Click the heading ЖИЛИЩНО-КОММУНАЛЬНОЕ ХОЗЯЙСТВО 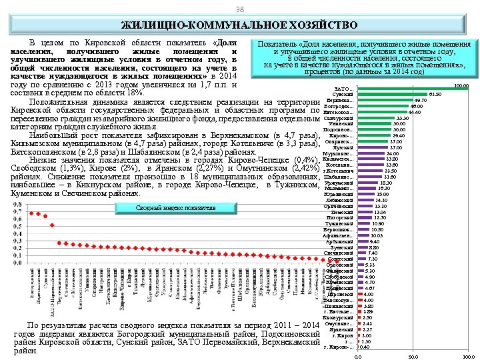pyautogui.click(x=239, y=25)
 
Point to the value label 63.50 pyautogui.click(x=435, y=95)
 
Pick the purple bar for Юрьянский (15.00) pyautogui.click(x=366, y=194)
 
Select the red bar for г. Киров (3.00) pyautogui.click(x=359, y=335)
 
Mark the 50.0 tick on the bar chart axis pyautogui.click(x=413, y=357)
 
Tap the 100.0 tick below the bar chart pyautogui.click(x=468, y=357)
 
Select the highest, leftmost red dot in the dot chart pyautogui.click(x=31, y=213)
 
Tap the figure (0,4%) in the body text pyautogui.click(x=302, y=159)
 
